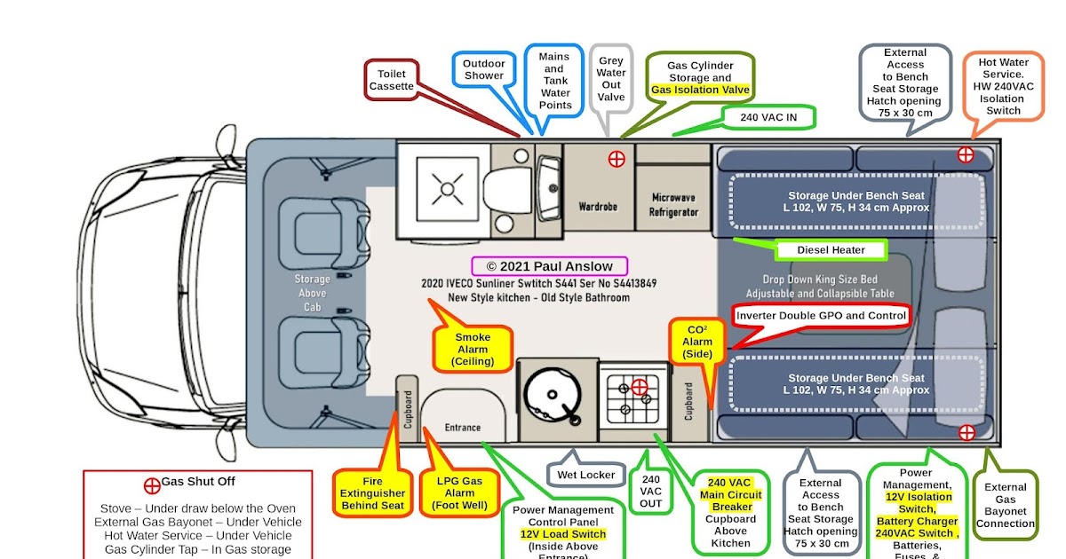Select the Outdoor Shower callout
click(x=484, y=69)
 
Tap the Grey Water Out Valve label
click(x=611, y=79)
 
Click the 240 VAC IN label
click(x=767, y=117)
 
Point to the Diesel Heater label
click(x=831, y=250)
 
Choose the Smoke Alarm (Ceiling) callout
click(x=472, y=350)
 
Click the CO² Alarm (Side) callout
click(x=697, y=341)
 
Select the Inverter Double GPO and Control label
click(x=822, y=316)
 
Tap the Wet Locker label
click(x=585, y=475)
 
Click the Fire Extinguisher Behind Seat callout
click(x=372, y=493)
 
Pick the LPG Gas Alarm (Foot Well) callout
click(x=459, y=493)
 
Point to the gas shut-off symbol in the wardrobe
click(x=616, y=160)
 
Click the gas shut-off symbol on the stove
click(x=640, y=387)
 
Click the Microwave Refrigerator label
click(x=673, y=205)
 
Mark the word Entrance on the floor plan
click(x=462, y=428)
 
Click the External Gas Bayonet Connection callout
click(x=1005, y=505)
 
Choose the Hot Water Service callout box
click(x=1003, y=87)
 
